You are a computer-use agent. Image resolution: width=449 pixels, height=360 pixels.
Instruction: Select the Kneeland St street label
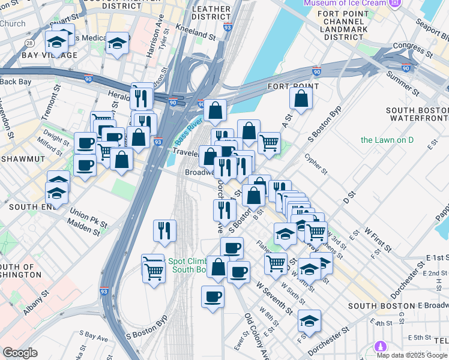click(196, 32)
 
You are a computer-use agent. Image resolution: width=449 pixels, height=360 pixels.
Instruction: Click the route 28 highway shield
click(29, 43)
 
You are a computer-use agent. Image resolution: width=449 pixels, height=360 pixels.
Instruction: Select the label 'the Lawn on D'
click(387, 140)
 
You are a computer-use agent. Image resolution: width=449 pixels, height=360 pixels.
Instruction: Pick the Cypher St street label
click(316, 163)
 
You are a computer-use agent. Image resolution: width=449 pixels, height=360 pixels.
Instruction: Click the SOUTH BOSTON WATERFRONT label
click(417, 114)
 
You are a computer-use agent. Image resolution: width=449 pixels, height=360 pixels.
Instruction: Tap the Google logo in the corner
click(20, 353)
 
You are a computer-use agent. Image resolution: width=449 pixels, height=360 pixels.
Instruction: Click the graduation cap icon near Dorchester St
click(310, 320)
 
